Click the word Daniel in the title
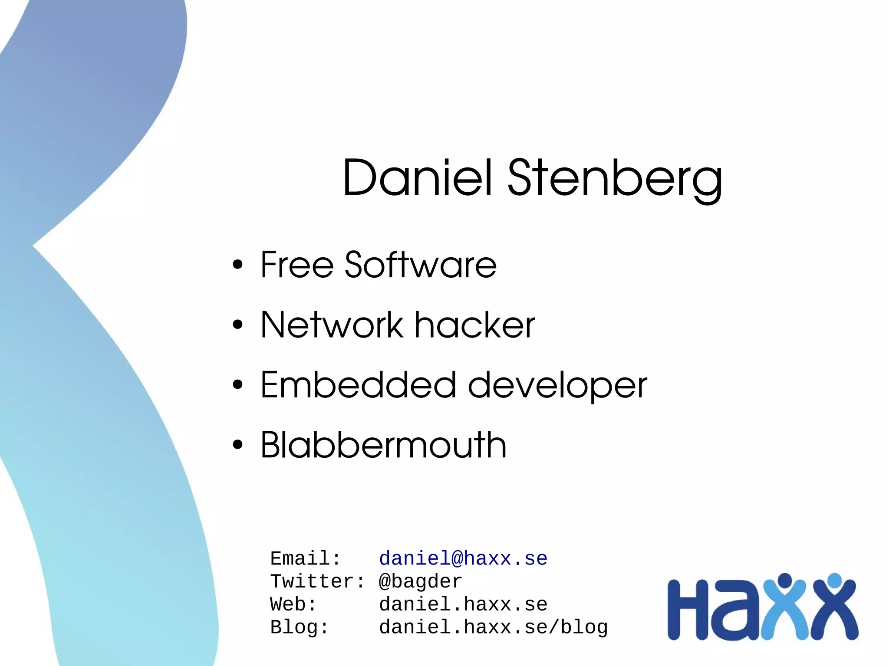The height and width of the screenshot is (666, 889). pyautogui.click(x=418, y=178)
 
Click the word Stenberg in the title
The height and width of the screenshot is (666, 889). pyautogui.click(x=615, y=179)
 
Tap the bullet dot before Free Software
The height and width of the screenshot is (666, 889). pyautogui.click(x=237, y=265)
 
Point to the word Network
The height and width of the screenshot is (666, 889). pyautogui.click(x=332, y=325)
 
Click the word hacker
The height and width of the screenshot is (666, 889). pyautogui.click(x=474, y=325)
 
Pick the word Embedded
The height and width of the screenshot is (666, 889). pyautogui.click(x=358, y=385)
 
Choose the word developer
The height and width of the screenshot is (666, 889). pyautogui.click(x=557, y=386)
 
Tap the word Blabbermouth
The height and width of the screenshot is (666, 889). pyautogui.click(x=383, y=445)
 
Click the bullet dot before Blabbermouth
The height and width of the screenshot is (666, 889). pyautogui.click(x=237, y=445)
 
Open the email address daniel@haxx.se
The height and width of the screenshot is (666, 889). pyautogui.click(x=463, y=558)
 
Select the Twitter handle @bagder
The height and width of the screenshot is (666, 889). pyautogui.click(x=420, y=581)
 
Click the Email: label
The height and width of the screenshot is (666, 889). pyautogui.click(x=305, y=558)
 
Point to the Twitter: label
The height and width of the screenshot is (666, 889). pyautogui.click(x=317, y=581)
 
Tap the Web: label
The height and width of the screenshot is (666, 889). pyautogui.click(x=293, y=604)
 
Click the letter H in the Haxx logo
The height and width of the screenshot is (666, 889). pyautogui.click(x=688, y=610)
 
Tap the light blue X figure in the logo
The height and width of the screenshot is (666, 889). pyautogui.click(x=785, y=607)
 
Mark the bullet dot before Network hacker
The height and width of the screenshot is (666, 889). pyautogui.click(x=237, y=325)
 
